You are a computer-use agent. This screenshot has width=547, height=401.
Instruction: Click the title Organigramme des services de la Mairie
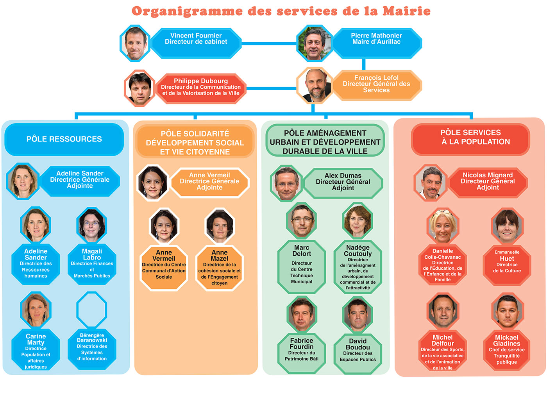281,11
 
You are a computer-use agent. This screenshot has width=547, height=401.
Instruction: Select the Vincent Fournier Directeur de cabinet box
196,43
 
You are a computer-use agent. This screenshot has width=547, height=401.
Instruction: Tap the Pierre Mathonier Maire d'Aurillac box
376,43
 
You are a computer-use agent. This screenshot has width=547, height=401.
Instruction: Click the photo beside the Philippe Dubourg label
140,88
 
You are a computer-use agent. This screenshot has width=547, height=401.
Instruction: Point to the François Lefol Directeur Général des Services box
376,86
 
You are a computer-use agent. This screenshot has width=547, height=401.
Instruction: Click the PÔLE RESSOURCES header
64,139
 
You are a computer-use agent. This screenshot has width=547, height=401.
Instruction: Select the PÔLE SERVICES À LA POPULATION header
470,139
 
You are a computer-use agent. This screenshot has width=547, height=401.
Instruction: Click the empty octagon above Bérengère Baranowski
92,310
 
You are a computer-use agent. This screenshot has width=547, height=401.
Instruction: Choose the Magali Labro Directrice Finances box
92,264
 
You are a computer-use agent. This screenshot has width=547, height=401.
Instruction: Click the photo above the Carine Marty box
36,310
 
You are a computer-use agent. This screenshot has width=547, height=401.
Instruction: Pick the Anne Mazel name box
219,268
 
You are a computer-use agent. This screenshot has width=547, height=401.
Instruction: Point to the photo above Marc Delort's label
302,221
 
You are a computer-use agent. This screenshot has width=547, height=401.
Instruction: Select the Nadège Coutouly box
358,267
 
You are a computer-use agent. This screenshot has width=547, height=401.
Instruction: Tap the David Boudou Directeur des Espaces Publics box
358,354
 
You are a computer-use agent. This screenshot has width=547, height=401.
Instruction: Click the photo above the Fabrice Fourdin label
302,315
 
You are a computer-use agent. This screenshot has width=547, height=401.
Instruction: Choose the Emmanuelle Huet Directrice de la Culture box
507,265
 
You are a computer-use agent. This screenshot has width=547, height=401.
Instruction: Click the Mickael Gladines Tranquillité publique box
507,350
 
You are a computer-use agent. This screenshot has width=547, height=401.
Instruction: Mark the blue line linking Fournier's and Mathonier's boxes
269,43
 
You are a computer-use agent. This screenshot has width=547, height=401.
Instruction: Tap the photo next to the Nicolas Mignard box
430,183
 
